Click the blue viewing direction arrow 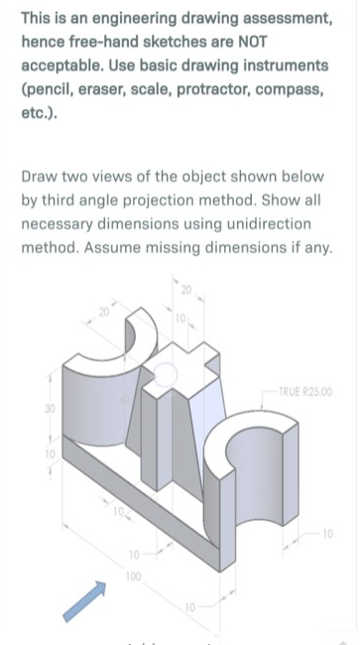(x=84, y=601)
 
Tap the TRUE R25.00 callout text (x=305, y=392)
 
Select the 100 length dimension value (x=132, y=576)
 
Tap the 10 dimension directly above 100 (x=132, y=553)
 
